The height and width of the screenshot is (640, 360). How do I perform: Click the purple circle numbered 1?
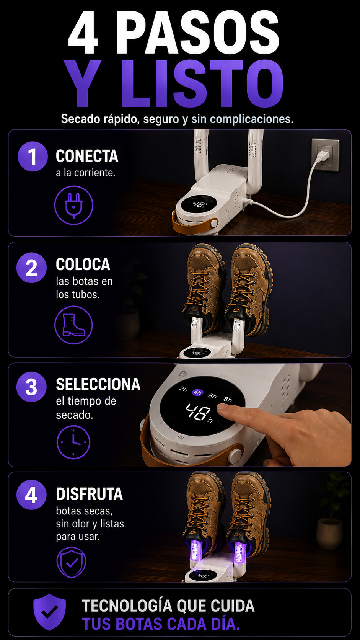[x=33, y=156]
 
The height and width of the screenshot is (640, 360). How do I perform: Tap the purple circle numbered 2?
[x=31, y=268]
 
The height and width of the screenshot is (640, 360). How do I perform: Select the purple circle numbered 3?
[x=31, y=387]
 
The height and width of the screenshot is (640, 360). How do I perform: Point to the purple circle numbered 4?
[x=31, y=495]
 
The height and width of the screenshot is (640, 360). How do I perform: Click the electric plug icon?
[x=74, y=205]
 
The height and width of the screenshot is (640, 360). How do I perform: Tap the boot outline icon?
[x=74, y=325]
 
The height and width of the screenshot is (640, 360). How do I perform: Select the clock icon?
[x=73, y=442]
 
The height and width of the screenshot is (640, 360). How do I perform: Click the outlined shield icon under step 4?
[x=72, y=562]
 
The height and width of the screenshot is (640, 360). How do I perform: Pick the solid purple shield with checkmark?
[x=49, y=611]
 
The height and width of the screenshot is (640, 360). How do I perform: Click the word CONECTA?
[x=87, y=156]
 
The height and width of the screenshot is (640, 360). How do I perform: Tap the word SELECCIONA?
[x=98, y=384]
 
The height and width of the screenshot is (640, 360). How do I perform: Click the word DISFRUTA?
[x=90, y=494]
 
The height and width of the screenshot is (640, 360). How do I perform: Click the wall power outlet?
[x=326, y=155]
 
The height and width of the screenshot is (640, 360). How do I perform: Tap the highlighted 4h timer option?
[x=197, y=393]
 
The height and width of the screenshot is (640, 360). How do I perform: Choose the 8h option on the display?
[x=228, y=399]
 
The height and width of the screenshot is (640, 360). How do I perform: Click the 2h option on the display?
[x=183, y=389]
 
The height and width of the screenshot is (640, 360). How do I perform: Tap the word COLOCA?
[x=83, y=264]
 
